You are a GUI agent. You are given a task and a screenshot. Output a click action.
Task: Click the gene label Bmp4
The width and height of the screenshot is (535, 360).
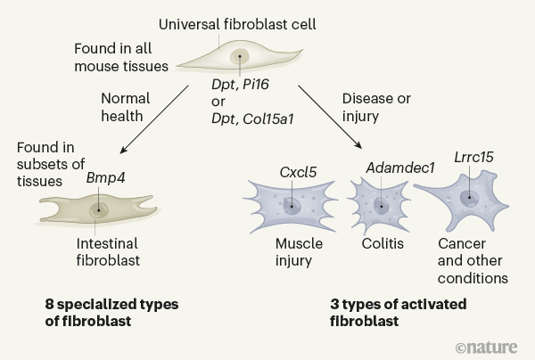click(x=104, y=177)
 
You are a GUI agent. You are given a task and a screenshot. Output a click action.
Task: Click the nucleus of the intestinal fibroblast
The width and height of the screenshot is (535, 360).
click(x=97, y=211)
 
